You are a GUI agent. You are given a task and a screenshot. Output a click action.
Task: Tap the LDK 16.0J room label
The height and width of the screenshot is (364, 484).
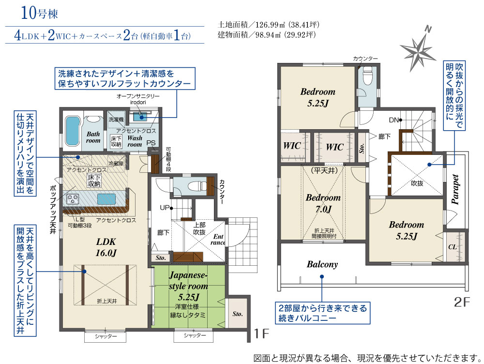[106, 247]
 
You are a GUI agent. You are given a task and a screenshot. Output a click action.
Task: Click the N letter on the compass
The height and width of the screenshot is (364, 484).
[428, 30]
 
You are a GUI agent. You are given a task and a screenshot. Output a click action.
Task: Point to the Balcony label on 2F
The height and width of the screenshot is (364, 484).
[322, 264]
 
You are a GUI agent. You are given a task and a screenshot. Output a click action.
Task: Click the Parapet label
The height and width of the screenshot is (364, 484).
[455, 190]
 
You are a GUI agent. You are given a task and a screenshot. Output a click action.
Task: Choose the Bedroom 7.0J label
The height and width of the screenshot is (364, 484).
[323, 203]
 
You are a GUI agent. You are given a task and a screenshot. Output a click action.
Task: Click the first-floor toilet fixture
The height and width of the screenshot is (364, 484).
[197, 186]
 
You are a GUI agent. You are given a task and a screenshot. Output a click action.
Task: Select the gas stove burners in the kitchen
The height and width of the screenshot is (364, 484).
[73, 198]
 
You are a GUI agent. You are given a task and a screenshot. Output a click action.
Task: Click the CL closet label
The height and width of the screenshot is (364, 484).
[452, 247]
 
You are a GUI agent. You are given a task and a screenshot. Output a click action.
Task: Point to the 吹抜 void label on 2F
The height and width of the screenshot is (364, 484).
[417, 183]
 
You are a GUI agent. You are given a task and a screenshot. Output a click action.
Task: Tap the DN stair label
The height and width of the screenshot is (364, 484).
[393, 120]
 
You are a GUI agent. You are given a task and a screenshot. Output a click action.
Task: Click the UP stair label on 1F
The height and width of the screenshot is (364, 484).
[165, 208]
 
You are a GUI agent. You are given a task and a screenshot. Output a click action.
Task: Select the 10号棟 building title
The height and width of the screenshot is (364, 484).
[39, 13]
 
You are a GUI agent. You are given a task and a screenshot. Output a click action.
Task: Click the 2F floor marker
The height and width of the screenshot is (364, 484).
[462, 302]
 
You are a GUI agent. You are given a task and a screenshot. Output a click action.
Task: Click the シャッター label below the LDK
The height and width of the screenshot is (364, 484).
[106, 336]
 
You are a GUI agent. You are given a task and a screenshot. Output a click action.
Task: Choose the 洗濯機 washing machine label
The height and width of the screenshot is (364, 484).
[116, 119]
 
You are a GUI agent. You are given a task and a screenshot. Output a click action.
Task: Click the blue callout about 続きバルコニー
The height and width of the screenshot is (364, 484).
[322, 313]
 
